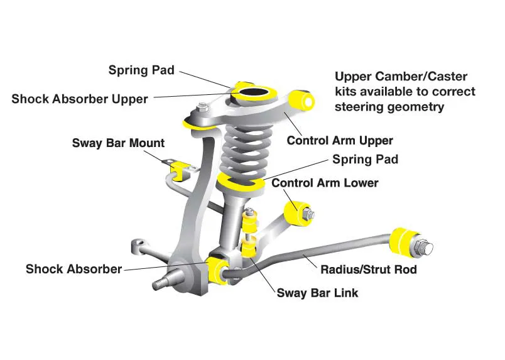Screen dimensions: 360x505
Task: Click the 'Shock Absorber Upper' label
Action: [80, 99]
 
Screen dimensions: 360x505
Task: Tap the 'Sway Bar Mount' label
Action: [118, 143]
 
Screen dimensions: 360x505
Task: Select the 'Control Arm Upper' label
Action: [340, 140]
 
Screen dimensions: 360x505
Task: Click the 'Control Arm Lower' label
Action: [325, 183]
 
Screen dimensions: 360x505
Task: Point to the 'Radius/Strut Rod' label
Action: [369, 270]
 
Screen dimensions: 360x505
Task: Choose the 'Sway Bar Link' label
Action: [318, 293]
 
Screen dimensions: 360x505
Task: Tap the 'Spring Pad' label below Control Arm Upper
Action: [365, 160]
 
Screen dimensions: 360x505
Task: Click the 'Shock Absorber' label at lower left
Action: [73, 269]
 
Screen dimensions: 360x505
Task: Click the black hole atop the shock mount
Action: [255, 95]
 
